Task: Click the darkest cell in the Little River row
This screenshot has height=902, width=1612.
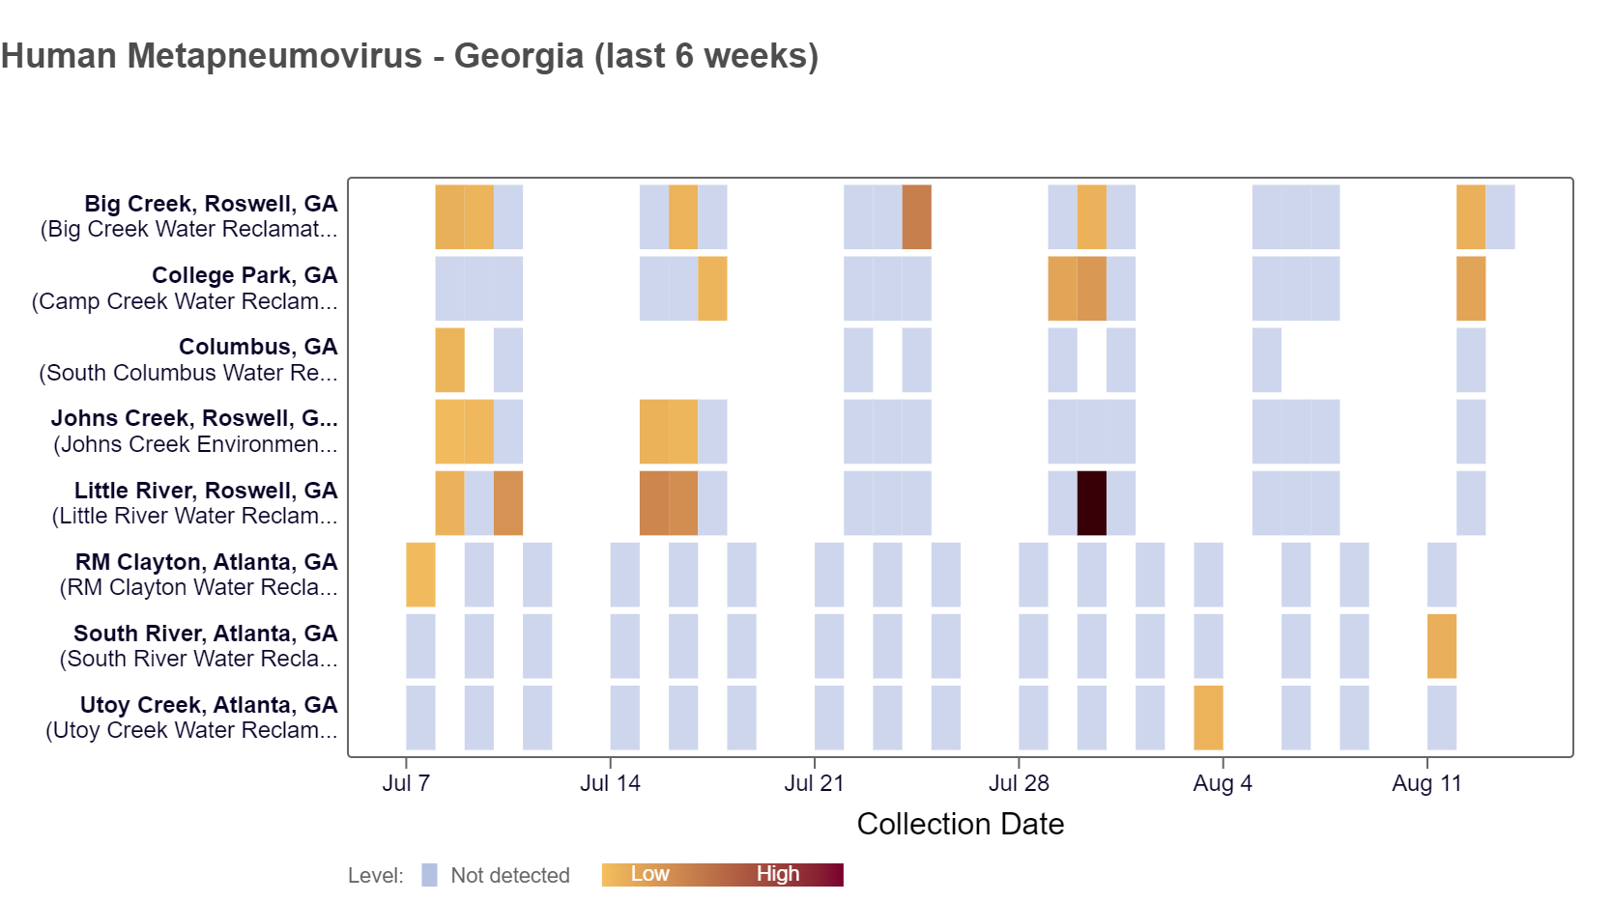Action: tap(1091, 503)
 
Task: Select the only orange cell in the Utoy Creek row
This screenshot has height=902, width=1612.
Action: tap(1208, 718)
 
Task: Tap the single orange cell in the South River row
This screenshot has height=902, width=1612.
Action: tap(1441, 646)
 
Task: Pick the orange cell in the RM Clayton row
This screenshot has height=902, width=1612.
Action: tap(420, 575)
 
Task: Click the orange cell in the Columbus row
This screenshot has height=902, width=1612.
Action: tap(449, 360)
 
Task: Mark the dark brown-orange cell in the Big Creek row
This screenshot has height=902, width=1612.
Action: tap(916, 217)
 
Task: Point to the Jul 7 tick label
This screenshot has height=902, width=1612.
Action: tap(406, 783)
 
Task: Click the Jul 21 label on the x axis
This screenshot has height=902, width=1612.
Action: tap(814, 783)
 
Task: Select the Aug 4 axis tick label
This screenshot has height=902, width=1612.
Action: tap(1222, 783)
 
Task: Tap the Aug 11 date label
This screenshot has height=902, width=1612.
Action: tap(1426, 783)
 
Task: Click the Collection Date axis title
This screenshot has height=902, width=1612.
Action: tap(960, 824)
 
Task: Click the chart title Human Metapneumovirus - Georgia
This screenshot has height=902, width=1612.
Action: tap(410, 56)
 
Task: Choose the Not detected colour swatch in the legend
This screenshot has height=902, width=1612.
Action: tap(429, 875)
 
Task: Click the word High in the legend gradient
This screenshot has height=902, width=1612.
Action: tap(778, 874)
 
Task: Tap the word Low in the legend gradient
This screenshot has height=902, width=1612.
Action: tap(649, 874)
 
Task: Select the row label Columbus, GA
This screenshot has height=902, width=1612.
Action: tap(258, 347)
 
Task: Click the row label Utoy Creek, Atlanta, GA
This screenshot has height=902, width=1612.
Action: tap(209, 705)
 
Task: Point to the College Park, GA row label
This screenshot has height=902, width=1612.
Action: tap(245, 275)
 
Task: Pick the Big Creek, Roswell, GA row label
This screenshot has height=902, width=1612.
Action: tap(211, 204)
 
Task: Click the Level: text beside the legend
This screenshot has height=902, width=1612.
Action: tap(376, 876)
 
